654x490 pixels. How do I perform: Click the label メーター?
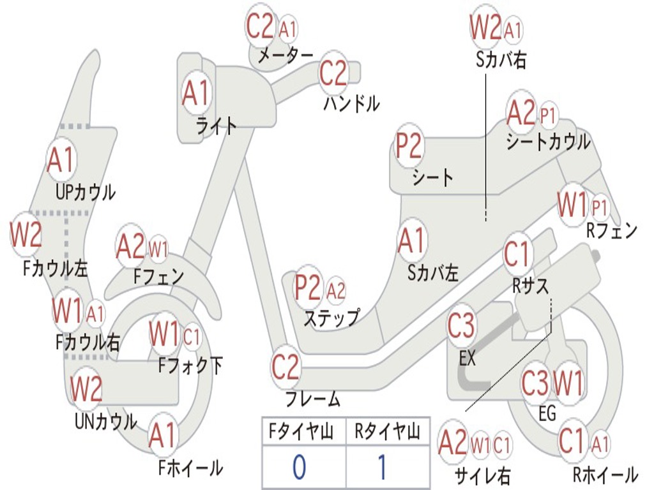tap(285, 56)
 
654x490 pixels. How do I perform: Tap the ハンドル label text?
tap(351, 103)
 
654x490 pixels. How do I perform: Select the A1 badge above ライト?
tap(195, 93)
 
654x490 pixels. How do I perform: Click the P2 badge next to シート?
tap(409, 146)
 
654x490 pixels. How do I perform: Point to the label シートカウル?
tap(548, 142)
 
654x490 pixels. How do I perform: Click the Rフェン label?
tap(611, 231)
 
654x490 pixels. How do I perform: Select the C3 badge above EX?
tap(461, 326)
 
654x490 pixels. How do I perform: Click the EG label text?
tap(547, 413)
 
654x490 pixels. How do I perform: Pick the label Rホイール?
tap(605, 474)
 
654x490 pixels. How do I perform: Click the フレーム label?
tap(312, 399)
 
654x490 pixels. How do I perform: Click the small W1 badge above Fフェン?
tap(158, 248)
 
